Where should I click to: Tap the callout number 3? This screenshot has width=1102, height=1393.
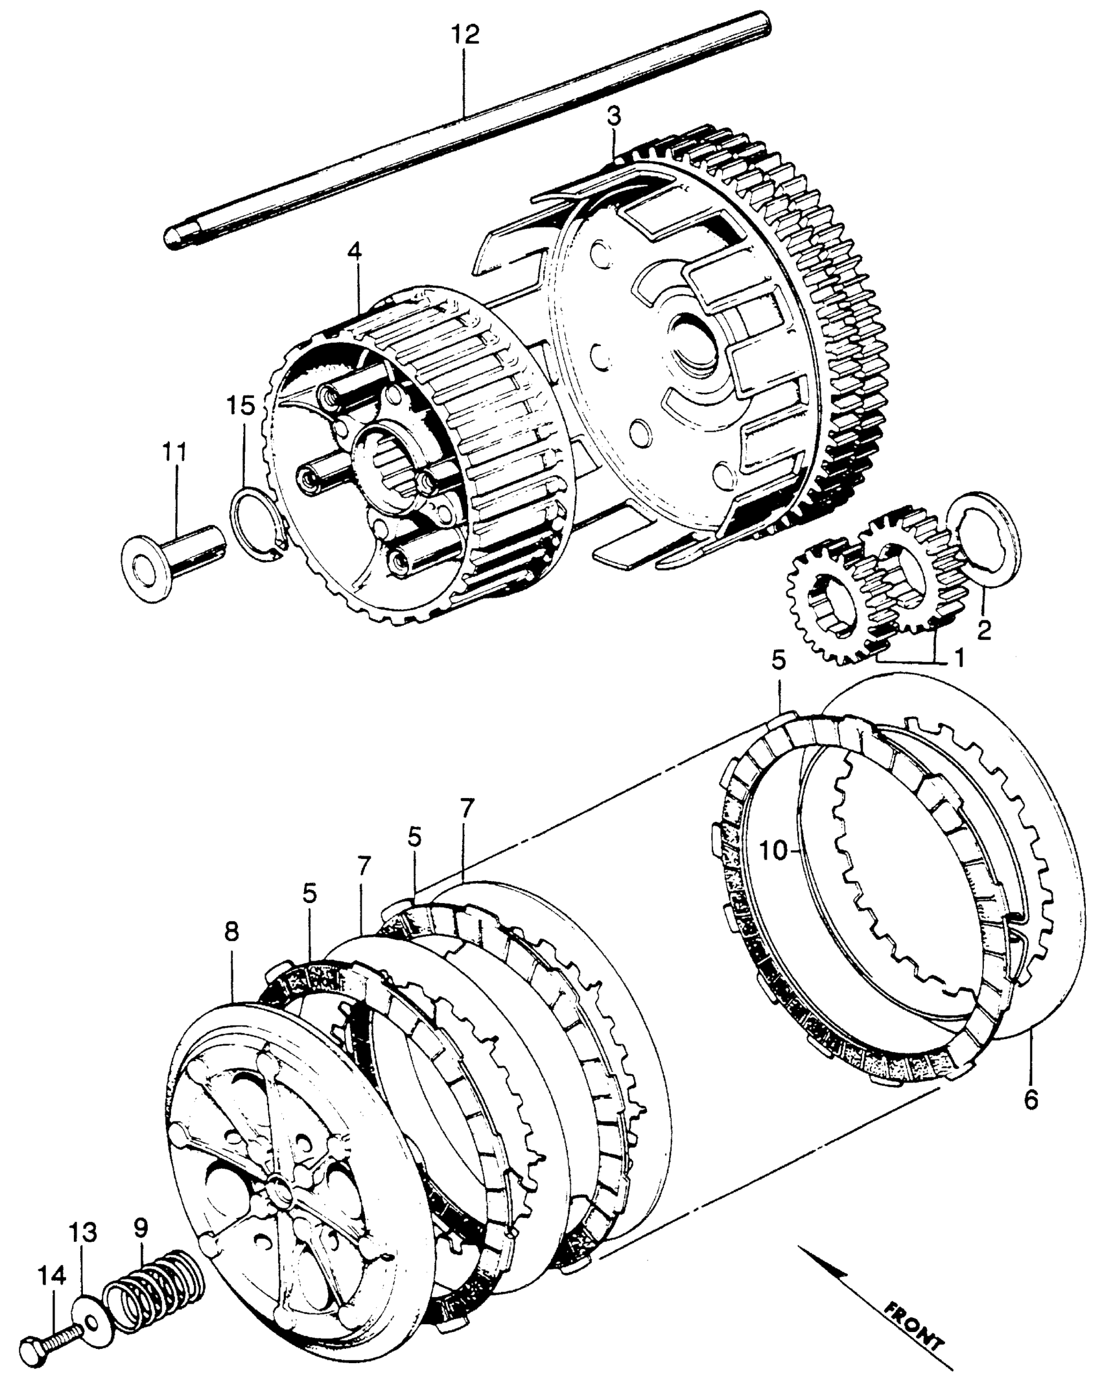(x=613, y=117)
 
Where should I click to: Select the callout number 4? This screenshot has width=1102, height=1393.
(x=354, y=252)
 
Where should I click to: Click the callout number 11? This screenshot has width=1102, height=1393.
(x=174, y=452)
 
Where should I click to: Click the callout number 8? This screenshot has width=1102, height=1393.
(x=231, y=933)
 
